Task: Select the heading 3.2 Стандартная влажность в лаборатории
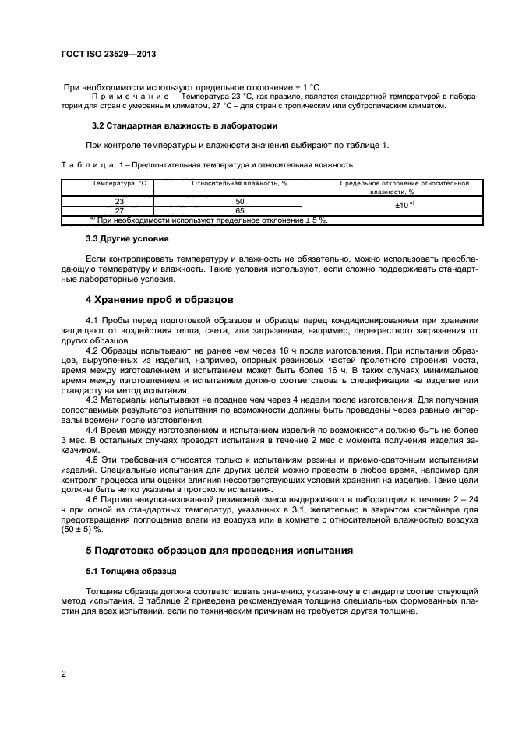click(185, 125)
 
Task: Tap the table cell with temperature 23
click(108, 200)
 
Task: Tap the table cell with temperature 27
click(108, 210)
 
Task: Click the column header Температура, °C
click(108, 184)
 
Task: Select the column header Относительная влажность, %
click(229, 184)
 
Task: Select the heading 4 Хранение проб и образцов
click(170, 299)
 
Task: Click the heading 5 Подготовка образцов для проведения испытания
click(219, 551)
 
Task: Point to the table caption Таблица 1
click(89, 165)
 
